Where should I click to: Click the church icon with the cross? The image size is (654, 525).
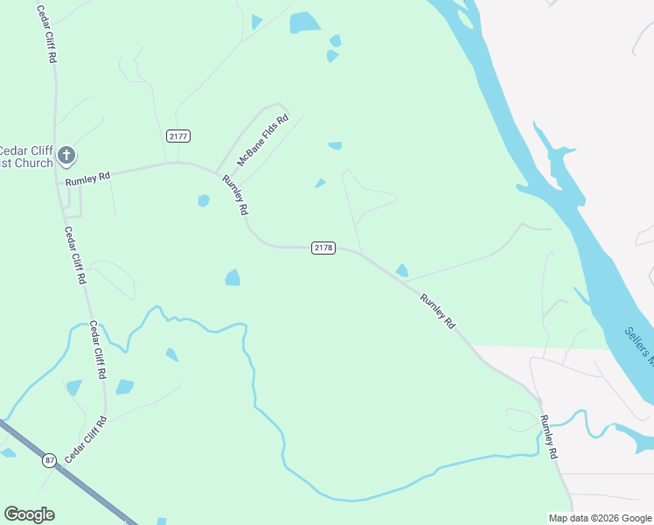[66, 157]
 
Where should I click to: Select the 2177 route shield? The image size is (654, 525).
[177, 136]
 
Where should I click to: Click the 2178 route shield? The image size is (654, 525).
[324, 248]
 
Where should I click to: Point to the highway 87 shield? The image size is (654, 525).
[48, 459]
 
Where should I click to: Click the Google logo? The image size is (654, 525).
[29, 514]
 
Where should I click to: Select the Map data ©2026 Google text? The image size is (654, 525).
[601, 518]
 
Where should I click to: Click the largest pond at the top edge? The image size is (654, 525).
[304, 22]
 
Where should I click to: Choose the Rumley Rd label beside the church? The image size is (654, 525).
[87, 178]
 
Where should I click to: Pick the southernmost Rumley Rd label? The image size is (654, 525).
[548, 437]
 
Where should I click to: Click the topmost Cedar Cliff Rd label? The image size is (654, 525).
[46, 33]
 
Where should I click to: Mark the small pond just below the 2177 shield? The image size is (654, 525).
[204, 200]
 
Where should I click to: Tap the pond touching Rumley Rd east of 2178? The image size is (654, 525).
[402, 270]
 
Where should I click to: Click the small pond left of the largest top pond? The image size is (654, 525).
[255, 22]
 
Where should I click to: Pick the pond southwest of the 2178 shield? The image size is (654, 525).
[233, 277]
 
